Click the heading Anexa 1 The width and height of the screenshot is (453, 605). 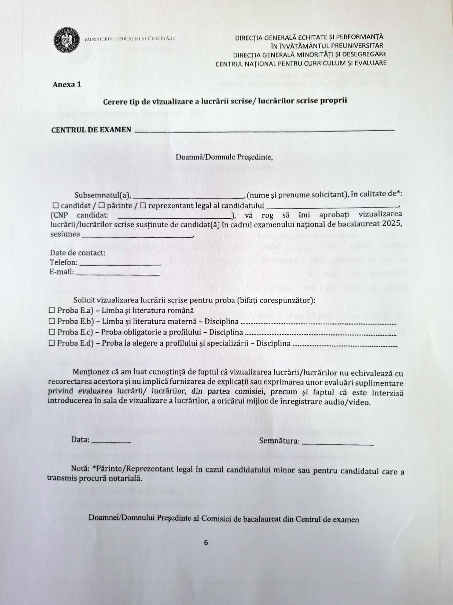[67, 84]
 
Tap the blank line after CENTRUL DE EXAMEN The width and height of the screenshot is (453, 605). [264, 131]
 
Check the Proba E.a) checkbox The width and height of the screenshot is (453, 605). [52, 310]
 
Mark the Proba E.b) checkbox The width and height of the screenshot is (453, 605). [52, 321]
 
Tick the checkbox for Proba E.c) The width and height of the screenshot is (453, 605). [52, 332]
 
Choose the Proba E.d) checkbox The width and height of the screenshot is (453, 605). [52, 343]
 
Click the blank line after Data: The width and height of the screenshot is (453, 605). [111, 442]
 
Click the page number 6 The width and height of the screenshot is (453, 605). [206, 542]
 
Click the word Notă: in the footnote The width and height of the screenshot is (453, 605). [80, 468]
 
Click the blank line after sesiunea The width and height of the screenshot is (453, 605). [137, 236]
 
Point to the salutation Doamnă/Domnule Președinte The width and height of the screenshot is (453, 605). [224, 157]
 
